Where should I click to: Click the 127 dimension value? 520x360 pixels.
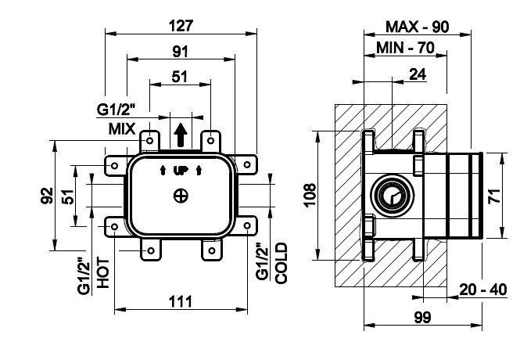point(181,24)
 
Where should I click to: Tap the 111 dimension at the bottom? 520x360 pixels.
point(180,300)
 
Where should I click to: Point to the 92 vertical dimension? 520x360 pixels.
point(46,194)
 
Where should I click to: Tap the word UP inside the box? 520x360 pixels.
point(181,171)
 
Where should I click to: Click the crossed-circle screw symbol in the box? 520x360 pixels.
point(181,196)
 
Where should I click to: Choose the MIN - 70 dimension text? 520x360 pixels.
point(405,48)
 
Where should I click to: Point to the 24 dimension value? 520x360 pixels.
point(416,76)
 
